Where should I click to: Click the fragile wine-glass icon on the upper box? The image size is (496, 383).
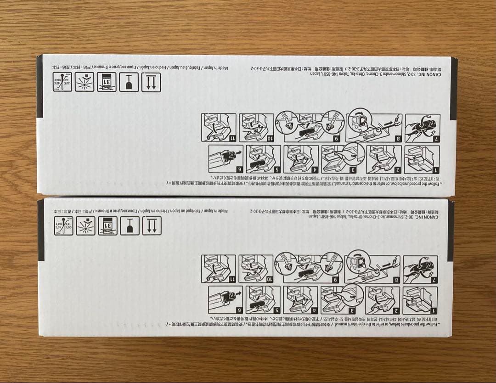coord(129,82)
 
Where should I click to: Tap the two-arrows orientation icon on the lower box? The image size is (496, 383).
coord(151,226)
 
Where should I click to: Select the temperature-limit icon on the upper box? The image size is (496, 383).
coord(62,82)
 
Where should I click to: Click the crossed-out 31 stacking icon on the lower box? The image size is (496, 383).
coord(107,226)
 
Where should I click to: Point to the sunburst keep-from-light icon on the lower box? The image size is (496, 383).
coord(85,226)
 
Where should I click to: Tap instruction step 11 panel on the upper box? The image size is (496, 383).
coord(219,127)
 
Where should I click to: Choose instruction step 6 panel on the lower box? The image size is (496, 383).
coord(225,299)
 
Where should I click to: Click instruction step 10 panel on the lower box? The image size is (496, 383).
coord(256,269)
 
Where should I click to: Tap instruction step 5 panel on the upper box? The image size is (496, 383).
coord(264,159)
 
